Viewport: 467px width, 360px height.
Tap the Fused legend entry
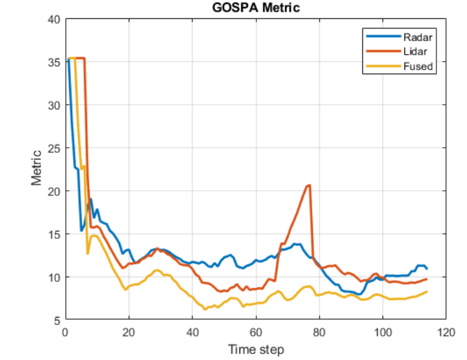[x=418, y=66]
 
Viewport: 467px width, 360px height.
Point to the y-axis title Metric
[x=37, y=168]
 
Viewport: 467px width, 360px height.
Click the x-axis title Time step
[x=256, y=350]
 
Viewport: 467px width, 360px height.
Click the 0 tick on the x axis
[x=65, y=331]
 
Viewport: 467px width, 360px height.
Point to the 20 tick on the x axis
[x=129, y=331]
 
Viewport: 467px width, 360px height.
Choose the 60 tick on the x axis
[x=256, y=331]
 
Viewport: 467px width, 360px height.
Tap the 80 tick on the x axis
[x=319, y=331]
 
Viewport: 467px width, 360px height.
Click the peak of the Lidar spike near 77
[x=309, y=185]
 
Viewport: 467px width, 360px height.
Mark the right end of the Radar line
[x=427, y=268]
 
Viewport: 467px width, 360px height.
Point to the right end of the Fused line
[x=427, y=292]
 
